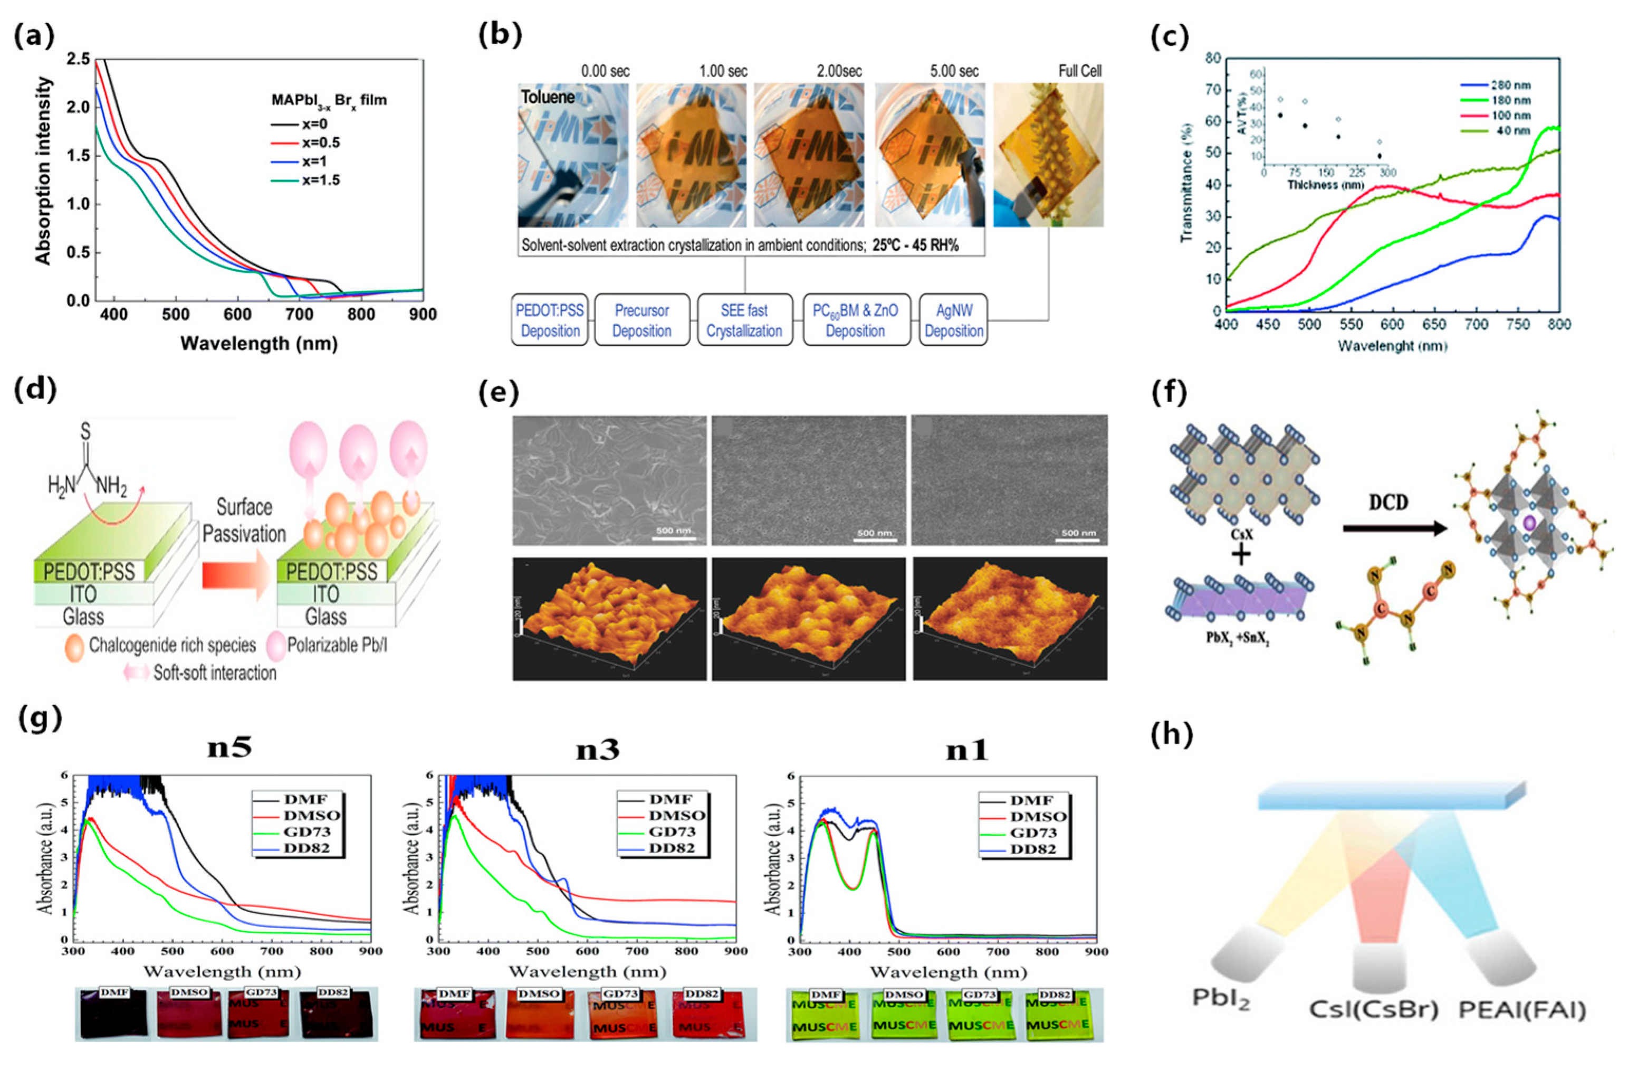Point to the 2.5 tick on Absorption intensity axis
pos(78,60)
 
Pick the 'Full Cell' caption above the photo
pos(1079,71)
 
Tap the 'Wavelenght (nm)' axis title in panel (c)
pos(1392,346)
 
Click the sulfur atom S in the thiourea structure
pos(85,431)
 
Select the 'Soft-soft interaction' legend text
pos(214,673)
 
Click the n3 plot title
pos(597,750)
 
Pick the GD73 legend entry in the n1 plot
pos(1038,832)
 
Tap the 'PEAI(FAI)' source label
pos(1522,1009)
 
